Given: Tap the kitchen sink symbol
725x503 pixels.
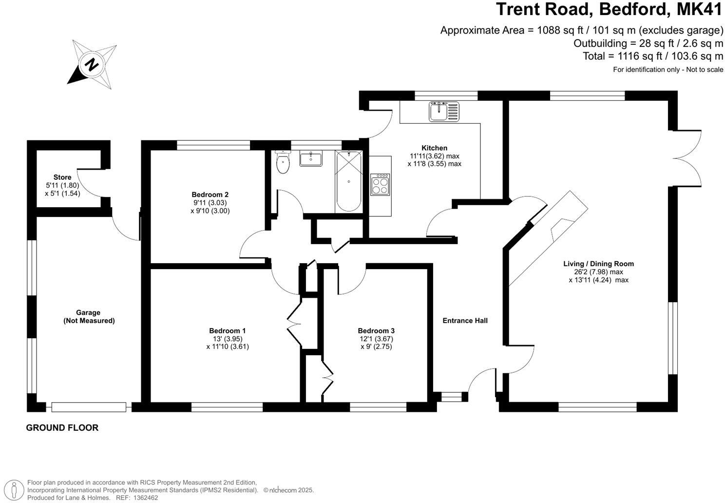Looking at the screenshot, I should pos(443,111).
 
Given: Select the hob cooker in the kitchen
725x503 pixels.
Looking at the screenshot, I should pos(380,185).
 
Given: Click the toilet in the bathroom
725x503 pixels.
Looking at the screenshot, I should pos(282,163).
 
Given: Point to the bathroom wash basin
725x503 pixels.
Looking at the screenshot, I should pos(310,159).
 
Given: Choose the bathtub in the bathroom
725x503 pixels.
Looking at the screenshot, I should pos(348,181).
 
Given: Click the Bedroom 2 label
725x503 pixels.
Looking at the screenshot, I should pos(210,194).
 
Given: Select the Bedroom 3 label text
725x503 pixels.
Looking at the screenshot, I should pos(376,330).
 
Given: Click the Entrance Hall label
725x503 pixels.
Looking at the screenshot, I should pos(465,320).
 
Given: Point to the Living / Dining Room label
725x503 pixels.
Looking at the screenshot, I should pos(598,264).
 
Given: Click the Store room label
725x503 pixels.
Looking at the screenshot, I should pos(62,177).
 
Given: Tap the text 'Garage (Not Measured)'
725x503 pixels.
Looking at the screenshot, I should pos(88,316).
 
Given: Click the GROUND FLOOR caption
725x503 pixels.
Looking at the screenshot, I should pos(62,428).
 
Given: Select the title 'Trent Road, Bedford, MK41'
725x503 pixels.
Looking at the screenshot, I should pos(609,10).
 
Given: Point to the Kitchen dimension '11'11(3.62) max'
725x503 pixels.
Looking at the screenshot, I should pos(434,156).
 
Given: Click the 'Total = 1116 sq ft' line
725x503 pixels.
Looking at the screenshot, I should pos(653,56).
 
